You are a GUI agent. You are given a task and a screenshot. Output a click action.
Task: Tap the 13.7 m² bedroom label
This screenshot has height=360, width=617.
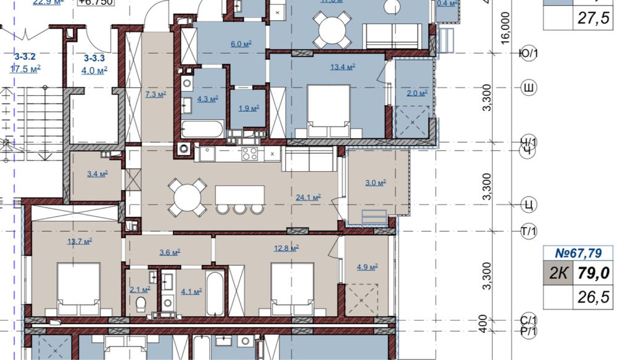[80, 241]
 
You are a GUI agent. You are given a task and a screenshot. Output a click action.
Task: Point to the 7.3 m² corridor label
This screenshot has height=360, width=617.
[155, 94]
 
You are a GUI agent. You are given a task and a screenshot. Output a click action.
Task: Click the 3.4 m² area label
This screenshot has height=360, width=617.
[97, 174]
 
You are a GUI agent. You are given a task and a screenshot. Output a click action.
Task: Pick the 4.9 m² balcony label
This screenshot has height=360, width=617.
[366, 267]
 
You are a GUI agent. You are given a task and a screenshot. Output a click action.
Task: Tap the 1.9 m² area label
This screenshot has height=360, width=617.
[248, 108]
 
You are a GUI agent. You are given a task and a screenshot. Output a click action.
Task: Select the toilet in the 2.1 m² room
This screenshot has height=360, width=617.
[141, 303]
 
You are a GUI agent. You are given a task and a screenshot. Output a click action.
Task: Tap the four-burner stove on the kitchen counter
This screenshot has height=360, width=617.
[250, 153]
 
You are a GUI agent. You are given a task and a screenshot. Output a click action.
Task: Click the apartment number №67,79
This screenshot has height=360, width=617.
[578, 253]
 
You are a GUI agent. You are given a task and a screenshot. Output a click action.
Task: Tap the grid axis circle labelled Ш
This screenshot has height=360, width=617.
[528, 87]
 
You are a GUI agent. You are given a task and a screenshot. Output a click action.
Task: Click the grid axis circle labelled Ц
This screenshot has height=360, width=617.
[528, 204]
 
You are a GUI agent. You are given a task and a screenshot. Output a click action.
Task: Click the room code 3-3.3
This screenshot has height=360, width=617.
[95, 58]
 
